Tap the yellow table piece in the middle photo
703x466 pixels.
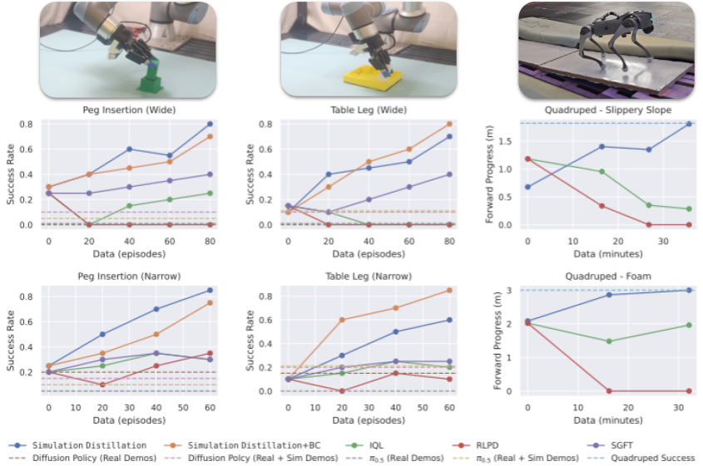click(x=372, y=81)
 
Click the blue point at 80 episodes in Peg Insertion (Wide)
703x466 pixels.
click(x=210, y=124)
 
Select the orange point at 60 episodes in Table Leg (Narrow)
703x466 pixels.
click(x=450, y=290)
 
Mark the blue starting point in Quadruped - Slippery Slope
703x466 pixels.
click(x=527, y=187)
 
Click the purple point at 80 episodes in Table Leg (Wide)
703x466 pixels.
click(x=450, y=174)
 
